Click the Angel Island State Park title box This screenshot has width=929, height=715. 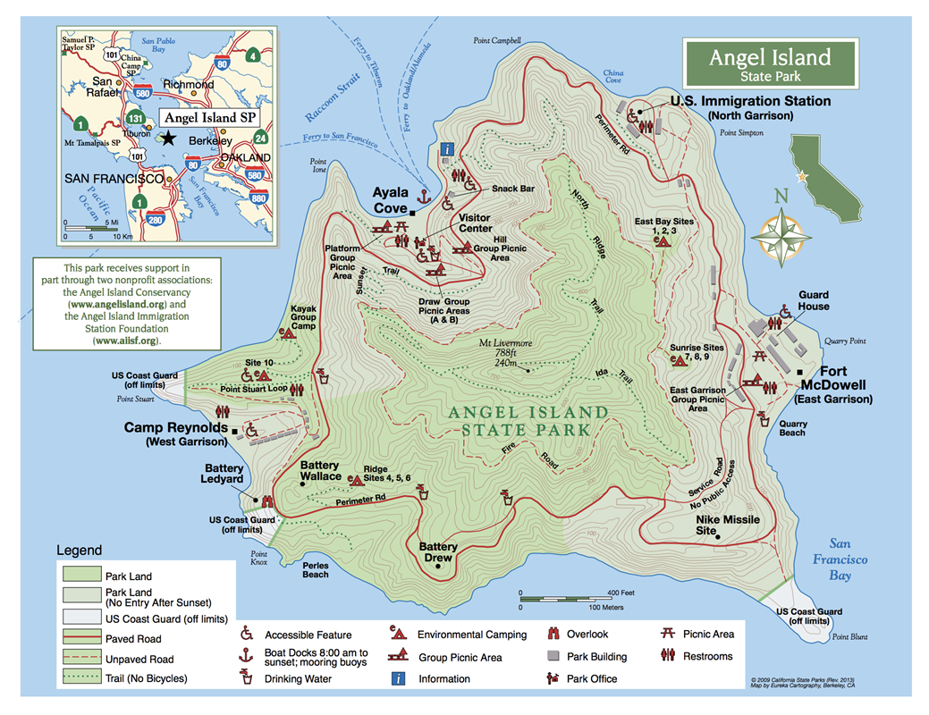pos(769,64)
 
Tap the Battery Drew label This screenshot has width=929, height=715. pos(438,552)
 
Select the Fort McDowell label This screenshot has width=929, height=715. pos(836,385)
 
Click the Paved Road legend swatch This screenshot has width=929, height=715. pos(79,637)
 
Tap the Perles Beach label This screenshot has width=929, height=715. pos(315,569)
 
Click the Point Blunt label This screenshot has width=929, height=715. pos(850,636)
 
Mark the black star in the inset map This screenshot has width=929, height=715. pos(167,139)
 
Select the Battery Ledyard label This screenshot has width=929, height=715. pos(224,474)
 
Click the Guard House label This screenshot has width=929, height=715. pos(814,300)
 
